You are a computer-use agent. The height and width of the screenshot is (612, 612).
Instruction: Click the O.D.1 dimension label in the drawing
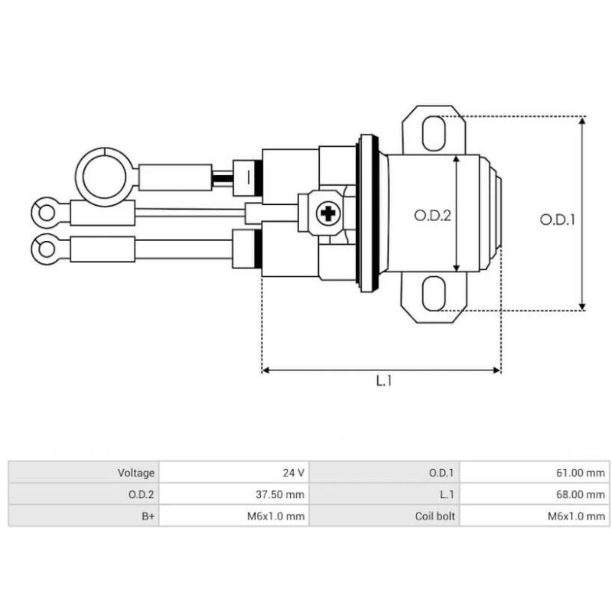pos(557,220)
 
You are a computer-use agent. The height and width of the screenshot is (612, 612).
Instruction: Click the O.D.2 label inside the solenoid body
pos(433,216)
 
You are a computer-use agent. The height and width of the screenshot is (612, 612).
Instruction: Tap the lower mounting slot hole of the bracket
pos(433,295)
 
